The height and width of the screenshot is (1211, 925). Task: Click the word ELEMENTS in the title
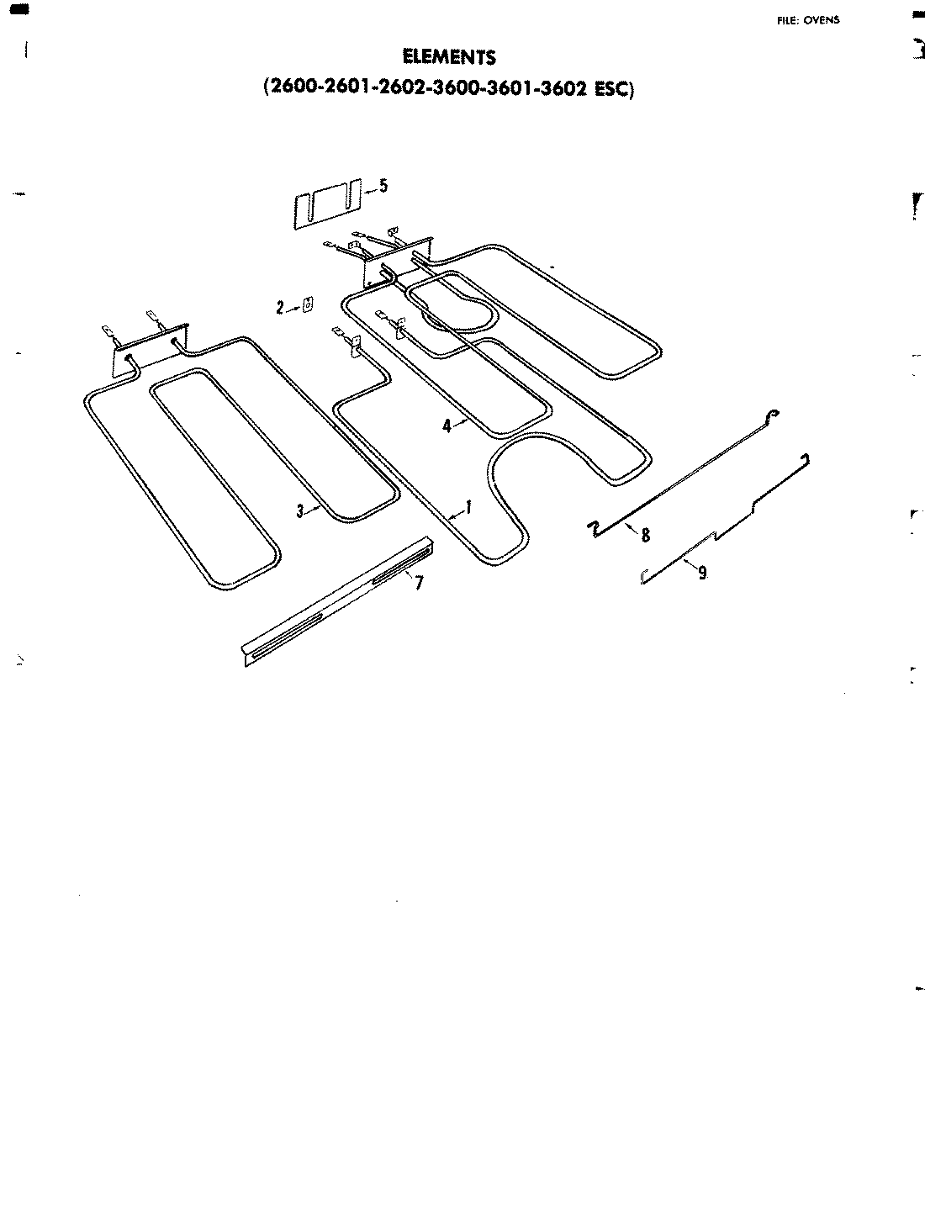[449, 57]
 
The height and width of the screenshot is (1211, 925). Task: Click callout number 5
[383, 186]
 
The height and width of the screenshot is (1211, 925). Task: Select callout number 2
[280, 308]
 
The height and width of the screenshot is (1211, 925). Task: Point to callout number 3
[299, 509]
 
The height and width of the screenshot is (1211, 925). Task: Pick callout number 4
[447, 426]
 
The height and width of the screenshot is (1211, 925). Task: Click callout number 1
[468, 507]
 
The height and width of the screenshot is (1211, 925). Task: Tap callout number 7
[418, 582]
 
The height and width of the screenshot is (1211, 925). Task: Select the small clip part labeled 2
[308, 304]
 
